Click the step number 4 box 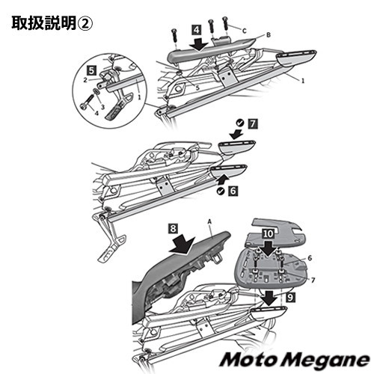197,30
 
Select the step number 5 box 91,71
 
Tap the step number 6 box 233,191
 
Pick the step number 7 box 253,124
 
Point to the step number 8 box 174,228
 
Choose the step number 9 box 291,297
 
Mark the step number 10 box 268,234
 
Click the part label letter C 245,31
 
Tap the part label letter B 269,35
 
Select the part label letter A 209,221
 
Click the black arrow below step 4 198,44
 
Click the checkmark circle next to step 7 240,123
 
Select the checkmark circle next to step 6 221,191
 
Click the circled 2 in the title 85,24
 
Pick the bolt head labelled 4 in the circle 83,107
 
